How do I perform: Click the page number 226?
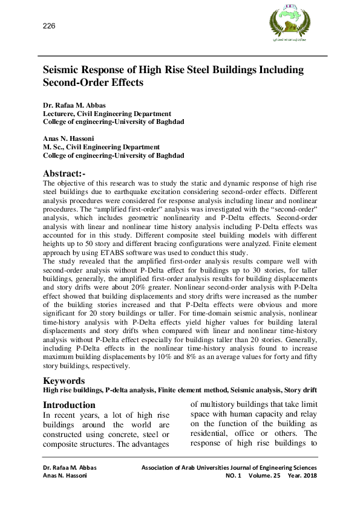click(49, 25)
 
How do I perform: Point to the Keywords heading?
click(64, 381)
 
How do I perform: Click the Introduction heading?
click(69, 404)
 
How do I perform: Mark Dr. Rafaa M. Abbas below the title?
click(74, 105)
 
